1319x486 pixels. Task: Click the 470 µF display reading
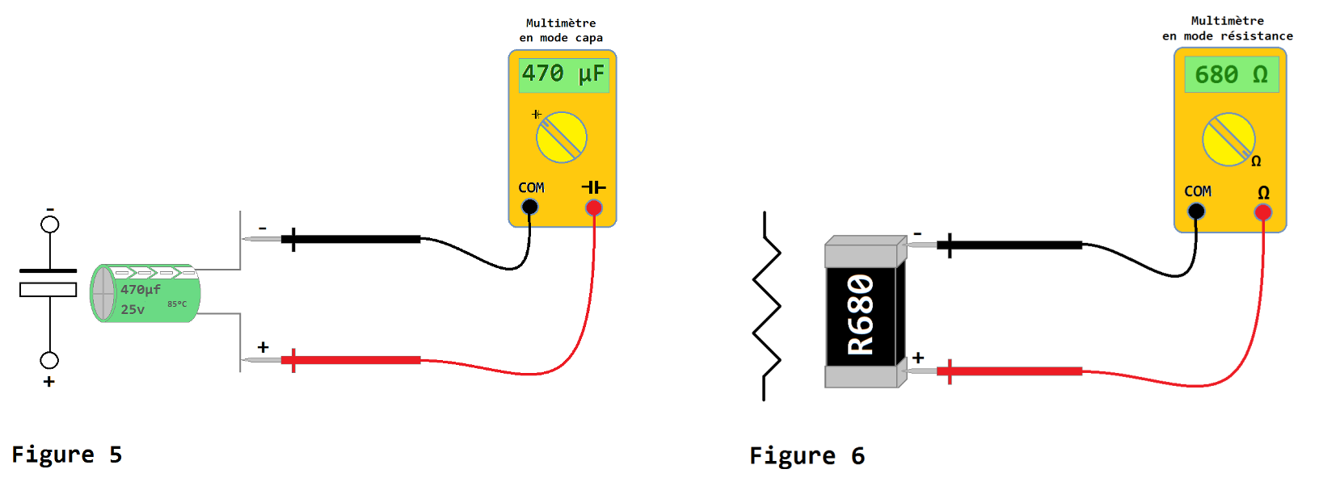click(x=563, y=74)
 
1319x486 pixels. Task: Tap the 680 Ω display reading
click(x=1231, y=75)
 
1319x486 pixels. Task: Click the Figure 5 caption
click(x=66, y=455)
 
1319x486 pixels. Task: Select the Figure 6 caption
click(x=807, y=457)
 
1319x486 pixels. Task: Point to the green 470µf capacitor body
click(x=145, y=293)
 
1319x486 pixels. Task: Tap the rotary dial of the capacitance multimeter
click(x=562, y=137)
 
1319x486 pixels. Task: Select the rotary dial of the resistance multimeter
click(x=1228, y=140)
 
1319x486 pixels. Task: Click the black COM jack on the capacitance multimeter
click(x=529, y=207)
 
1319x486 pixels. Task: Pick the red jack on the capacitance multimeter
click(x=594, y=208)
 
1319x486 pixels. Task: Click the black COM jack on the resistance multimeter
click(x=1196, y=212)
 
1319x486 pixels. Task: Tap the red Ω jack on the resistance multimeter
click(x=1262, y=212)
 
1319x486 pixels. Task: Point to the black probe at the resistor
click(x=1010, y=245)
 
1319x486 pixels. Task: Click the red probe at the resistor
click(x=1010, y=371)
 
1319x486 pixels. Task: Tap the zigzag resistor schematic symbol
click(x=766, y=307)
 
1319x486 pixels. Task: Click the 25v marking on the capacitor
click(x=133, y=310)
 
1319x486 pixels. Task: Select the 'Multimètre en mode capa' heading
click(x=561, y=31)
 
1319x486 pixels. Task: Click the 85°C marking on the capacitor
click(x=177, y=304)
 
